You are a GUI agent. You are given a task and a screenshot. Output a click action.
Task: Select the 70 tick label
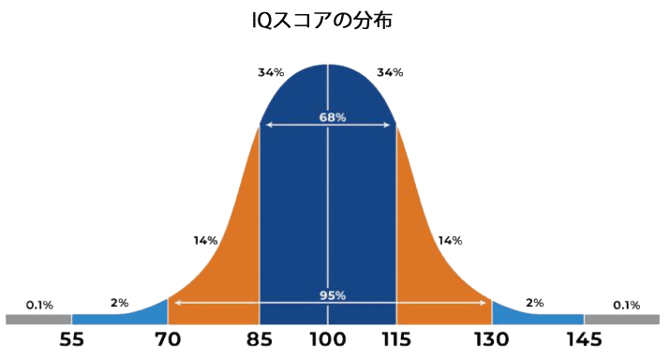click(167, 341)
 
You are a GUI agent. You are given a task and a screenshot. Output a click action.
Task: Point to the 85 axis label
click(258, 341)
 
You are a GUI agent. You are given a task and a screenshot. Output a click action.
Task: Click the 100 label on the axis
click(327, 341)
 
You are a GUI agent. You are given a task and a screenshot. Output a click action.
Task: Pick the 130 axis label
click(492, 341)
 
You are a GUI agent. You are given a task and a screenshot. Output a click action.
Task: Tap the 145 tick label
click(584, 341)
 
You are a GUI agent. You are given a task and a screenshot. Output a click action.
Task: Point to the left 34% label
click(271, 72)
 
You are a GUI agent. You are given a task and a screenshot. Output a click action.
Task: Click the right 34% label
click(390, 72)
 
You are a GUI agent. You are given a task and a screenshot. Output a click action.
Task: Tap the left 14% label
click(205, 241)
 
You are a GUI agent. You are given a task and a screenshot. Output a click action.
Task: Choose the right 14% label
click(450, 241)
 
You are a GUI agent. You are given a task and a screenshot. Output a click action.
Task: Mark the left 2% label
click(119, 303)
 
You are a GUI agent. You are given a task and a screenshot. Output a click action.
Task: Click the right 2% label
click(534, 303)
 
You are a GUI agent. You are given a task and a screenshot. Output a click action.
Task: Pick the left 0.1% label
click(39, 305)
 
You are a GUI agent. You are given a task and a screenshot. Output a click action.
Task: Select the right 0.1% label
click(626, 305)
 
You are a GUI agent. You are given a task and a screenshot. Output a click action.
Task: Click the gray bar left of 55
click(37, 320)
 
